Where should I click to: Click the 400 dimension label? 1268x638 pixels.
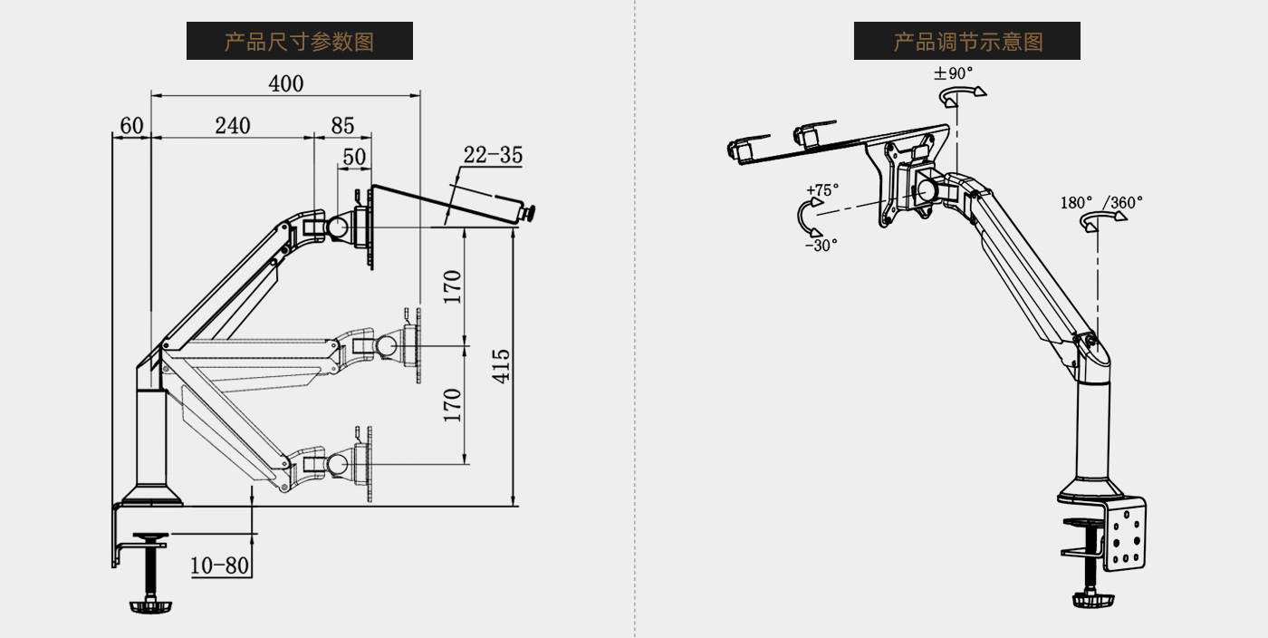point(286,83)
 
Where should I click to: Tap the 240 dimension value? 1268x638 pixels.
point(233,126)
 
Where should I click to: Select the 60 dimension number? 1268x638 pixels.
point(131,126)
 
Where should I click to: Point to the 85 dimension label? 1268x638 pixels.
point(342,126)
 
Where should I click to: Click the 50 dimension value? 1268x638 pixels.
point(354,157)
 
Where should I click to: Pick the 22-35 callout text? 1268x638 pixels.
point(493,155)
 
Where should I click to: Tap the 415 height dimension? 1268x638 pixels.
point(501,366)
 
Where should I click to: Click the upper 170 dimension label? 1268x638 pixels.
point(453,286)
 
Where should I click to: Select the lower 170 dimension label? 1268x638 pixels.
point(453,404)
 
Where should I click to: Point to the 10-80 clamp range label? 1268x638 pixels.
point(219,565)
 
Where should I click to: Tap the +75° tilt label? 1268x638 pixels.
point(822,190)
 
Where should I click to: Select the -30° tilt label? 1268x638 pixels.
point(821,245)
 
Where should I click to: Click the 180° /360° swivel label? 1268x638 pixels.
point(1101,202)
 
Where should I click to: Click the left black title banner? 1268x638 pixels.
point(299,41)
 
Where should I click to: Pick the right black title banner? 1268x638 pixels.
point(966,41)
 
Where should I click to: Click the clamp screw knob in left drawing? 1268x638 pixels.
point(150,604)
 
